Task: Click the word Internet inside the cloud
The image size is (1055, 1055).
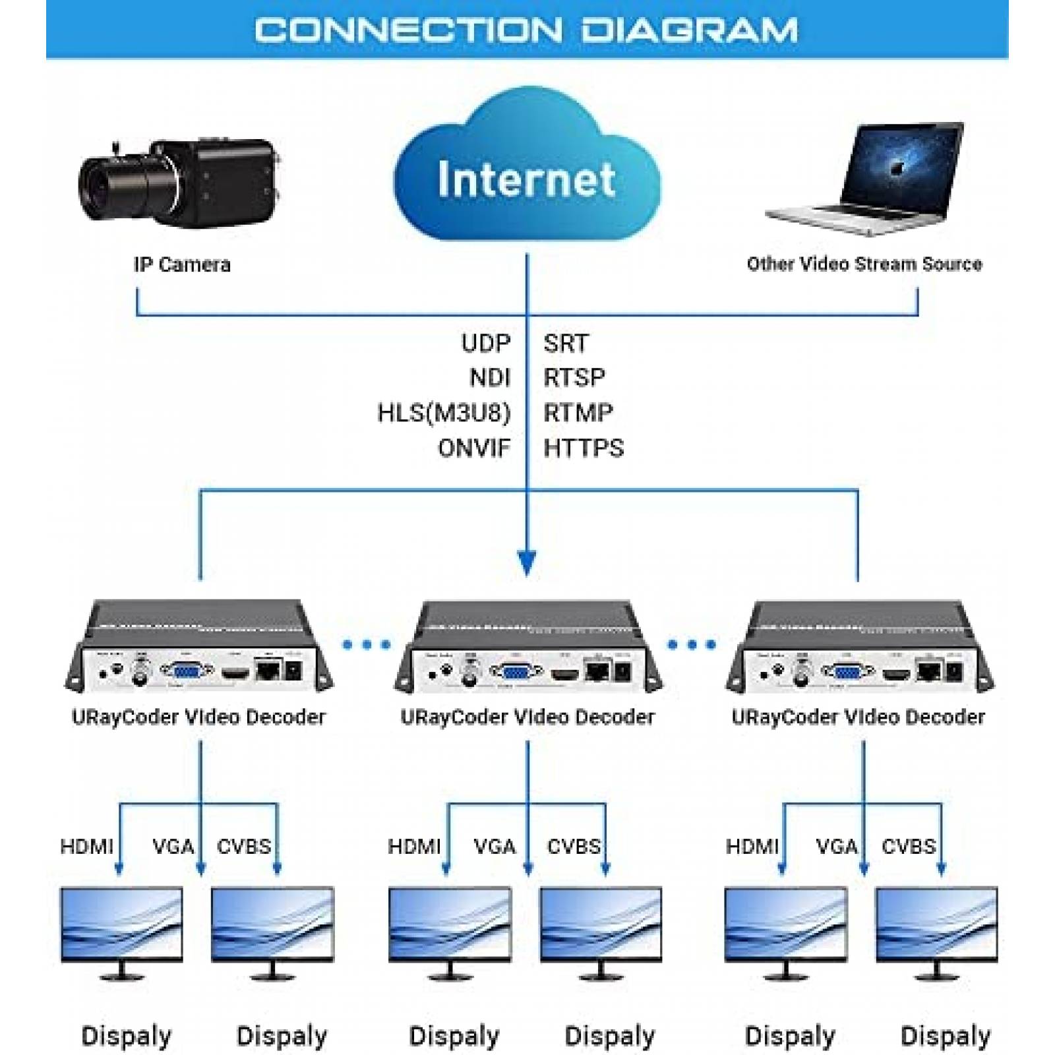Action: pos(526,179)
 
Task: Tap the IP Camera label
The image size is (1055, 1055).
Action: pos(182,264)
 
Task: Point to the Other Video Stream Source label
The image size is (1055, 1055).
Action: pos(864,264)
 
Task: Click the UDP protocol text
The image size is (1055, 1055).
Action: pos(485,343)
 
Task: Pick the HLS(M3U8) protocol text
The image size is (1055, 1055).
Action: pos(444,413)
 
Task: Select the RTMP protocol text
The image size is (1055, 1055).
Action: pos(578,413)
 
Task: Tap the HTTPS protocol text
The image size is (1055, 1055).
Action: pos(583,448)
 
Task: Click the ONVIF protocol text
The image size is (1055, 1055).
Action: pos(473,448)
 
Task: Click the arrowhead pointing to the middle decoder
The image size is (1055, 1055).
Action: pos(527,562)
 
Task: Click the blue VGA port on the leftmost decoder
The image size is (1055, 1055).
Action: pos(187,671)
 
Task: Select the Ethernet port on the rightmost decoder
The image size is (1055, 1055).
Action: pos(928,671)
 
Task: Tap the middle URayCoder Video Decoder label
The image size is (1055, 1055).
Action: pos(527,717)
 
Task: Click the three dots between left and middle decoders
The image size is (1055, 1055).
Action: pos(367,644)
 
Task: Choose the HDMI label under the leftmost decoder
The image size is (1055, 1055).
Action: pos(86,846)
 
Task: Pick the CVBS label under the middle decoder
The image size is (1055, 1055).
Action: pos(573,846)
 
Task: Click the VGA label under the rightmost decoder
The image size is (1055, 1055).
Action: pos(836,846)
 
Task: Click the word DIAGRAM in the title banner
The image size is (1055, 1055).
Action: pos(689,30)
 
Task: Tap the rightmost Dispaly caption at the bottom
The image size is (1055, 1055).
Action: pos(945,1036)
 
